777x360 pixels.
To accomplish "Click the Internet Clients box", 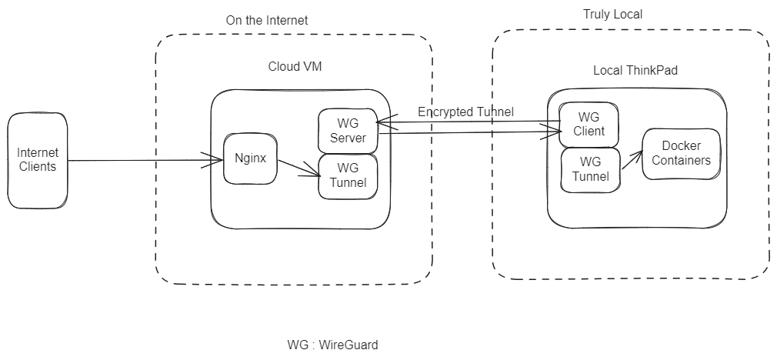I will [x=38, y=160].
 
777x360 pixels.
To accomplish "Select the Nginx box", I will [x=250, y=160].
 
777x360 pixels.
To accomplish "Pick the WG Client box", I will [x=589, y=124].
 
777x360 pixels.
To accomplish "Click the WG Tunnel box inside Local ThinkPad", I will [x=590, y=169].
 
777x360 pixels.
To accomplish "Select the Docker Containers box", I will [x=681, y=153].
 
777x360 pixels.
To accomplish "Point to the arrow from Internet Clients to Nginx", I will [x=138, y=160].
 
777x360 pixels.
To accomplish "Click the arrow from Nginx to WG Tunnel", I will [x=298, y=168].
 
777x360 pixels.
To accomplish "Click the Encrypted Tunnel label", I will [x=465, y=112].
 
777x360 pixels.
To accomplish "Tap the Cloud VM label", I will [x=295, y=67].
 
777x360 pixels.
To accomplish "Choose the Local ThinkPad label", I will [x=635, y=70].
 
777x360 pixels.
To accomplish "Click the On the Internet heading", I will [x=266, y=21].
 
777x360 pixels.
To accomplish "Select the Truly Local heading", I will [x=612, y=15].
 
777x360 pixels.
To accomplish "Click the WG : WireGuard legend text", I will [x=332, y=345].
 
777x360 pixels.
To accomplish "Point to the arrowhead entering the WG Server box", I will [x=380, y=122].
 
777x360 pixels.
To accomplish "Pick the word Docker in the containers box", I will [x=681, y=146].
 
